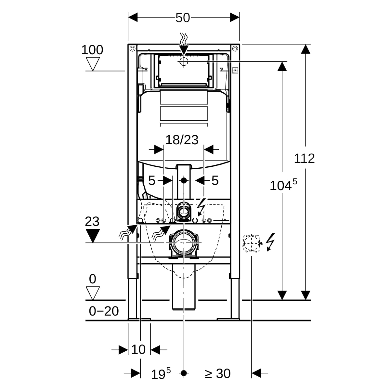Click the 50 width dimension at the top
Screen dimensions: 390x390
pyautogui.click(x=183, y=18)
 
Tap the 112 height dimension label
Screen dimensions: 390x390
pyautogui.click(x=304, y=158)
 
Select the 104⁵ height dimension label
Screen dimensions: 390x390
pyautogui.click(x=283, y=185)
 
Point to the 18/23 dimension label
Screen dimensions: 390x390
pyautogui.click(x=182, y=140)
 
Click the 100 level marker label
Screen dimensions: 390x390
pyautogui.click(x=92, y=50)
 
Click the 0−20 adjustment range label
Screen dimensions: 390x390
pyautogui.click(x=104, y=311)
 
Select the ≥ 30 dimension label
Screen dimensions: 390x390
pyautogui.click(x=217, y=373)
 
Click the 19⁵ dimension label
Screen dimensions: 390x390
pyautogui.click(x=161, y=374)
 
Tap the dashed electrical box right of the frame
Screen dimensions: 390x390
pyautogui.click(x=252, y=243)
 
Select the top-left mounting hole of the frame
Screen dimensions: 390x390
pyautogui.click(x=132, y=49)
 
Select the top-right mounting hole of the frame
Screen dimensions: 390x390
pyautogui.click(x=235, y=49)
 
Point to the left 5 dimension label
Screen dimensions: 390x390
pyautogui.click(x=151, y=180)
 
